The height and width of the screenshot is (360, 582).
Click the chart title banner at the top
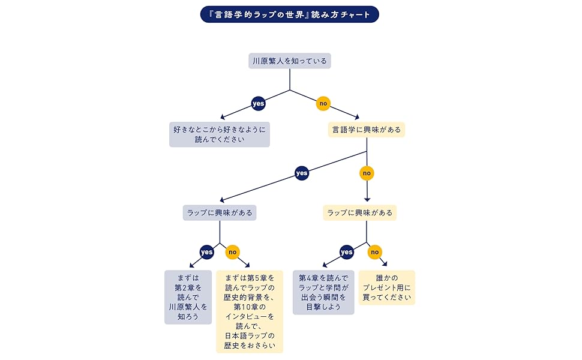(x=290, y=14)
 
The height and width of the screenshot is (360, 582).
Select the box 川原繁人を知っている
(x=290, y=61)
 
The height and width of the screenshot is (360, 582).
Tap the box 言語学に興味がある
(x=367, y=130)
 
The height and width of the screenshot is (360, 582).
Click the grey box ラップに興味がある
(x=220, y=212)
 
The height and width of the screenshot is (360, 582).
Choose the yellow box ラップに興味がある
(x=360, y=212)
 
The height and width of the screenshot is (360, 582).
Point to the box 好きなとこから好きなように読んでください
(x=220, y=134)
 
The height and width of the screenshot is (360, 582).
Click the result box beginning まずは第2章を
(x=188, y=297)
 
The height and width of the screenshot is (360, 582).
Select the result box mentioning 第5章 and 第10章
(x=250, y=311)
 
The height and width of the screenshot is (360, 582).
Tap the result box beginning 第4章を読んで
(x=323, y=292)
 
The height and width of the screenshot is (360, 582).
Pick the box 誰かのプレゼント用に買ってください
(x=387, y=287)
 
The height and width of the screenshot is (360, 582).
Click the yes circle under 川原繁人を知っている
(x=258, y=104)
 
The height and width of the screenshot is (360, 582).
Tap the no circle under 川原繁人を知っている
(x=323, y=104)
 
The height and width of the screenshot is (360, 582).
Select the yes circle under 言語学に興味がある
(x=301, y=173)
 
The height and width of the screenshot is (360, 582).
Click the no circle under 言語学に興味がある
(x=367, y=173)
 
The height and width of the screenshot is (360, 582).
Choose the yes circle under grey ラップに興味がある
(x=206, y=252)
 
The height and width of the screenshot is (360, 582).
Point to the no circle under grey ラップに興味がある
(x=233, y=252)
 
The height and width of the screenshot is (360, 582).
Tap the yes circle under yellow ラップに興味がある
(x=347, y=252)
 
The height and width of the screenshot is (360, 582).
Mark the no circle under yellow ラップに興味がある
(x=374, y=252)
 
